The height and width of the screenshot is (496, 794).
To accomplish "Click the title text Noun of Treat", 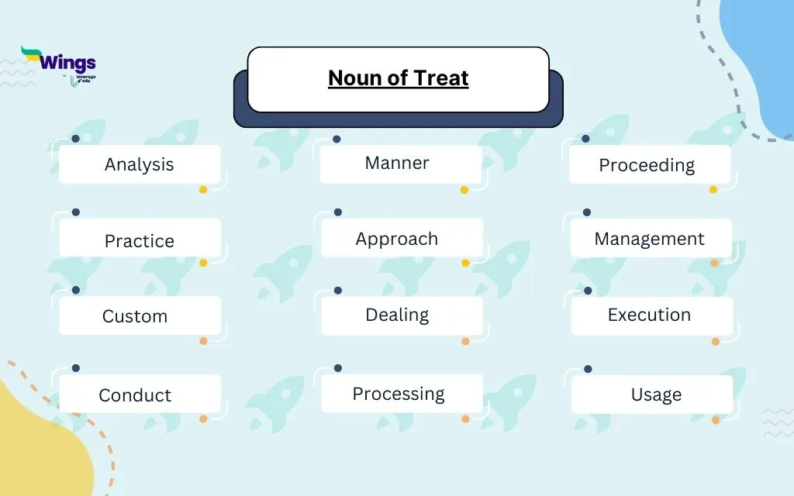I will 398,78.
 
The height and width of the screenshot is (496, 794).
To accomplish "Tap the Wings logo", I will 59,64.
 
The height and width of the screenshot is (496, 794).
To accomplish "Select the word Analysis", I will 140,164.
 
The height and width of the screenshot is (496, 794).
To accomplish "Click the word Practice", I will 140,241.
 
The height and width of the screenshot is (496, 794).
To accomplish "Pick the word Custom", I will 135,316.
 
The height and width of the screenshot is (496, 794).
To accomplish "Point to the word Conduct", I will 135,395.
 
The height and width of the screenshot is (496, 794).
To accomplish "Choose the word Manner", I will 397,163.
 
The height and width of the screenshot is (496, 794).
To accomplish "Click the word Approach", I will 397,239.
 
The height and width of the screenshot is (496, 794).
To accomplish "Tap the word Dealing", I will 397,315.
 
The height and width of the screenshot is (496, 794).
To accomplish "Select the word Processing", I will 399,394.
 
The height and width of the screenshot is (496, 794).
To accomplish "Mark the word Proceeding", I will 647,165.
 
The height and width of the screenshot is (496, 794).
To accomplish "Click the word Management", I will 650,239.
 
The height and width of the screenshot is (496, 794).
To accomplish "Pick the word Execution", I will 649,315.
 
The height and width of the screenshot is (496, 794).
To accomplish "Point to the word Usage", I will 656,394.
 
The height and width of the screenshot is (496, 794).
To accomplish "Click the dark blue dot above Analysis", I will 75,139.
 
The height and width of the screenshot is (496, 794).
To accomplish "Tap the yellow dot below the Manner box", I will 464,189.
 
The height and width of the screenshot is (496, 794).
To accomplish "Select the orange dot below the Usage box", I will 716,420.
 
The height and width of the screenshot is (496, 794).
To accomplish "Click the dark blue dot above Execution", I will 588,291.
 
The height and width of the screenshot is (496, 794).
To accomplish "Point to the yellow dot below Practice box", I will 203,263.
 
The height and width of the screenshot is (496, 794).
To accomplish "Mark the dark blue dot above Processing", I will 337,368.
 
